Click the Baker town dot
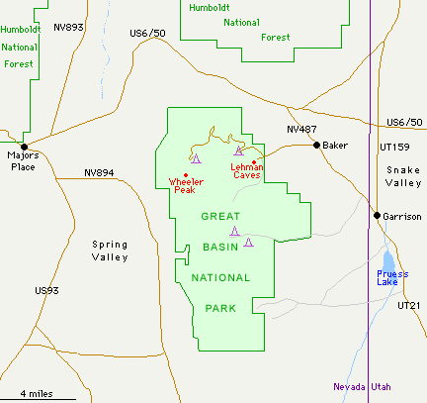point(316,146)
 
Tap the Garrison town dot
point(376,215)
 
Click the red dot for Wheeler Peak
point(186,175)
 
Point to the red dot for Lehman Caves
point(254,161)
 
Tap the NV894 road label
point(100,172)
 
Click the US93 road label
point(46,290)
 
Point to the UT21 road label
point(409,305)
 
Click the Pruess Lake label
point(392,276)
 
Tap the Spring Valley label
point(110,251)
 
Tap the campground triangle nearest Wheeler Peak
point(196,158)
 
